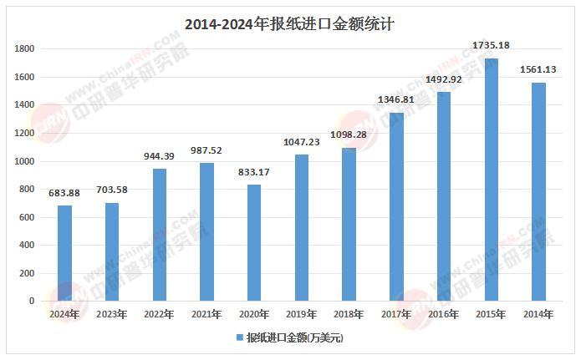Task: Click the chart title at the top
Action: tap(289, 24)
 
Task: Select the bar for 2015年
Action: tap(491, 180)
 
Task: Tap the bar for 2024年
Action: tap(64, 253)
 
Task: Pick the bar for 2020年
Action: tap(254, 243)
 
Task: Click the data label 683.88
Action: tap(64, 193)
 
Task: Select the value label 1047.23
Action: tap(301, 142)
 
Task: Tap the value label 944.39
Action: tap(159, 156)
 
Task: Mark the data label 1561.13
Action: tap(538, 69)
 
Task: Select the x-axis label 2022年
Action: tap(159, 314)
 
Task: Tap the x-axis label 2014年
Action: tap(538, 314)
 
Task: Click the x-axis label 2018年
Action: tap(349, 314)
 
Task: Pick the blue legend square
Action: tap(238, 337)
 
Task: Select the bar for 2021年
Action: tap(206, 232)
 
